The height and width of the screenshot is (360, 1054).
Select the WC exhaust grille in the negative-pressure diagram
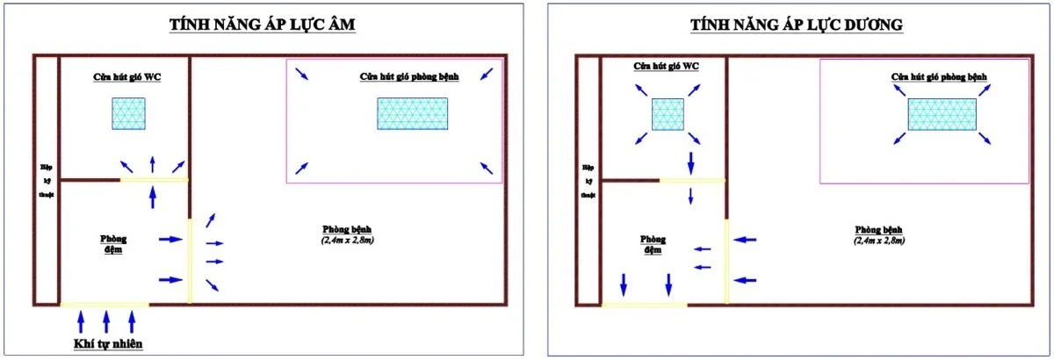coord(128,113)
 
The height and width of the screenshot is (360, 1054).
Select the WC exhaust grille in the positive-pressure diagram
coord(668,114)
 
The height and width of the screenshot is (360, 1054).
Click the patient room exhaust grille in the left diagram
coord(412,113)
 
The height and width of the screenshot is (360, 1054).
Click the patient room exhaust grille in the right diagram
coord(942,115)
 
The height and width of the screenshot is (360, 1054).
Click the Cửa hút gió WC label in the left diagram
coord(127,76)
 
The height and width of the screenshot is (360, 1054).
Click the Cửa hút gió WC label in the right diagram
coord(666,67)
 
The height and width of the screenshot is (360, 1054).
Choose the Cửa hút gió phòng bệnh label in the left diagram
coord(414,76)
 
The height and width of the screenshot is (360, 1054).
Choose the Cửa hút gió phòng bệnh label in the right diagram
coord(939,77)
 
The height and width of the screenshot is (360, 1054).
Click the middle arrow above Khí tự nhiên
coord(106,320)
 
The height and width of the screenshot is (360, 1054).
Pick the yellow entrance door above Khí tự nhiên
coord(104,305)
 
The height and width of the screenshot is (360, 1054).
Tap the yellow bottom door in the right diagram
coord(645,306)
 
